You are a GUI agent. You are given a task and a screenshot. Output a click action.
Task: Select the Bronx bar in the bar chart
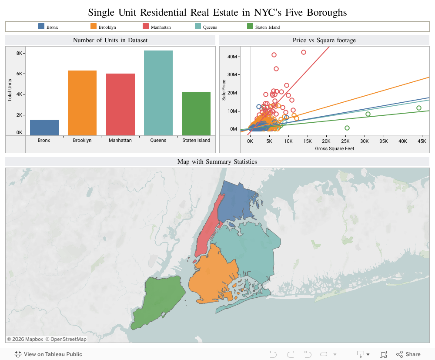pos(44,128)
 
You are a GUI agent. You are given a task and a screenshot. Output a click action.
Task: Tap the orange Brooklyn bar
pos(82,103)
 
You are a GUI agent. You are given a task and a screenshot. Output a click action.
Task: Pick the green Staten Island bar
pos(196,114)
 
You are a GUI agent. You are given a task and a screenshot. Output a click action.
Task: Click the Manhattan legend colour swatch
pos(146,27)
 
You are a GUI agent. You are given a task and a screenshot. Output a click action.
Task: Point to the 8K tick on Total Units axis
pos(19,53)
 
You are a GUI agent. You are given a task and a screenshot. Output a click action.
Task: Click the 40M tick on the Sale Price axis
pos(232,57)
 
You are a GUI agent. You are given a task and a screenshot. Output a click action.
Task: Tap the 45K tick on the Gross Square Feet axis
pos(422,141)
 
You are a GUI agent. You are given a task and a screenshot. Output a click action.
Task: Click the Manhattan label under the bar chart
pos(120,141)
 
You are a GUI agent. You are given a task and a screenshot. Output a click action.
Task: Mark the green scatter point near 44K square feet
pos(419,108)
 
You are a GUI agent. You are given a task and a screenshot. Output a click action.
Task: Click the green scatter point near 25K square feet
pos(347,128)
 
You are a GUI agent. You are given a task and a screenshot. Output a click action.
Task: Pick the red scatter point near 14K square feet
pos(304,52)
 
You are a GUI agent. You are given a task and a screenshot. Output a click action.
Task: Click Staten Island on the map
pos(159,300)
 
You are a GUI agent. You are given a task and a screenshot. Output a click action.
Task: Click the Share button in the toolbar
pos(408,354)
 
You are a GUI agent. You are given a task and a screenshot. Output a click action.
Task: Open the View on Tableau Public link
pos(48,354)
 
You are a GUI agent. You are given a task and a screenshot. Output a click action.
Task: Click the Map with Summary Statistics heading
pos(217,162)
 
